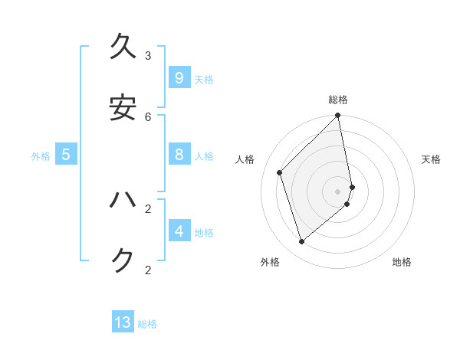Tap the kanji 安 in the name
click(123, 107)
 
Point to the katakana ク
click(123, 260)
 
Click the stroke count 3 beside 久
click(148, 55)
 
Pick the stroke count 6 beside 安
click(148, 116)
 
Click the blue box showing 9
click(179, 78)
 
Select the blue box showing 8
click(179, 155)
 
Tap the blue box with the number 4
click(179, 231)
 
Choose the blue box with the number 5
click(66, 155)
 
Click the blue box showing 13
click(123, 322)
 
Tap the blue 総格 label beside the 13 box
click(147, 324)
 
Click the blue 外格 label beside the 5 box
click(41, 156)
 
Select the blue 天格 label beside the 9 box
click(204, 80)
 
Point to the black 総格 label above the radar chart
click(338, 100)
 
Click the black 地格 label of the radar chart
click(402, 262)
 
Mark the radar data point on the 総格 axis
click(338, 116)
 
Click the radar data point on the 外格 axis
click(302, 241)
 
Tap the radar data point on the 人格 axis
click(280, 172)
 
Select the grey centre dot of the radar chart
click(338, 191)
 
